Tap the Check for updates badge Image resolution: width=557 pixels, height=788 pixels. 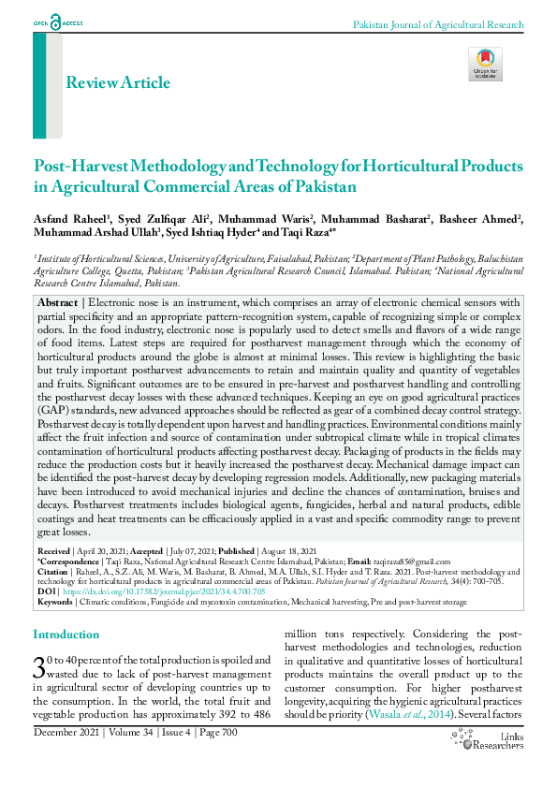click(x=485, y=65)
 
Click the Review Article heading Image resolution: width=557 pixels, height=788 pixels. click(x=117, y=82)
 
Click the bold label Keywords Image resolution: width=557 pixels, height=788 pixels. click(x=54, y=602)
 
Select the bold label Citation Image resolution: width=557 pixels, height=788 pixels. click(x=52, y=572)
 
